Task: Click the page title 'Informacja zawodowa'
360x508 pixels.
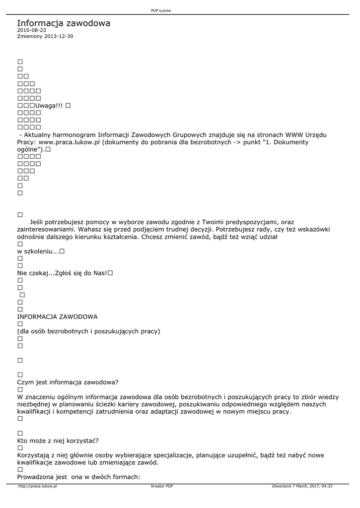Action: tap(64, 23)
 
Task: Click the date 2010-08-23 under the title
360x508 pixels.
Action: tap(31, 31)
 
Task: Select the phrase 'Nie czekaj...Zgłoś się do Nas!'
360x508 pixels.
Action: tap(62, 273)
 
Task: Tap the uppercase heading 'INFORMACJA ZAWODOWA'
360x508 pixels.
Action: tap(57, 316)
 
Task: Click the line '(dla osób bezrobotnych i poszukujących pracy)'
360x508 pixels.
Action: tap(88, 331)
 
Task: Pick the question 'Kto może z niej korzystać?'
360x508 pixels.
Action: tap(58, 441)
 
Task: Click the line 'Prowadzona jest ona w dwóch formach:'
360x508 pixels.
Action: tap(78, 477)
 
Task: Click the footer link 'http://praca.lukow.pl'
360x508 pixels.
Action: tap(37, 486)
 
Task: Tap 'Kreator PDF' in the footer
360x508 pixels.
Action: tap(162, 486)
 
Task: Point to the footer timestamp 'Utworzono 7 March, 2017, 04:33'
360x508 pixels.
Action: tap(302, 486)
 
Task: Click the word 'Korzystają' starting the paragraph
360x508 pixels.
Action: tap(33, 455)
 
